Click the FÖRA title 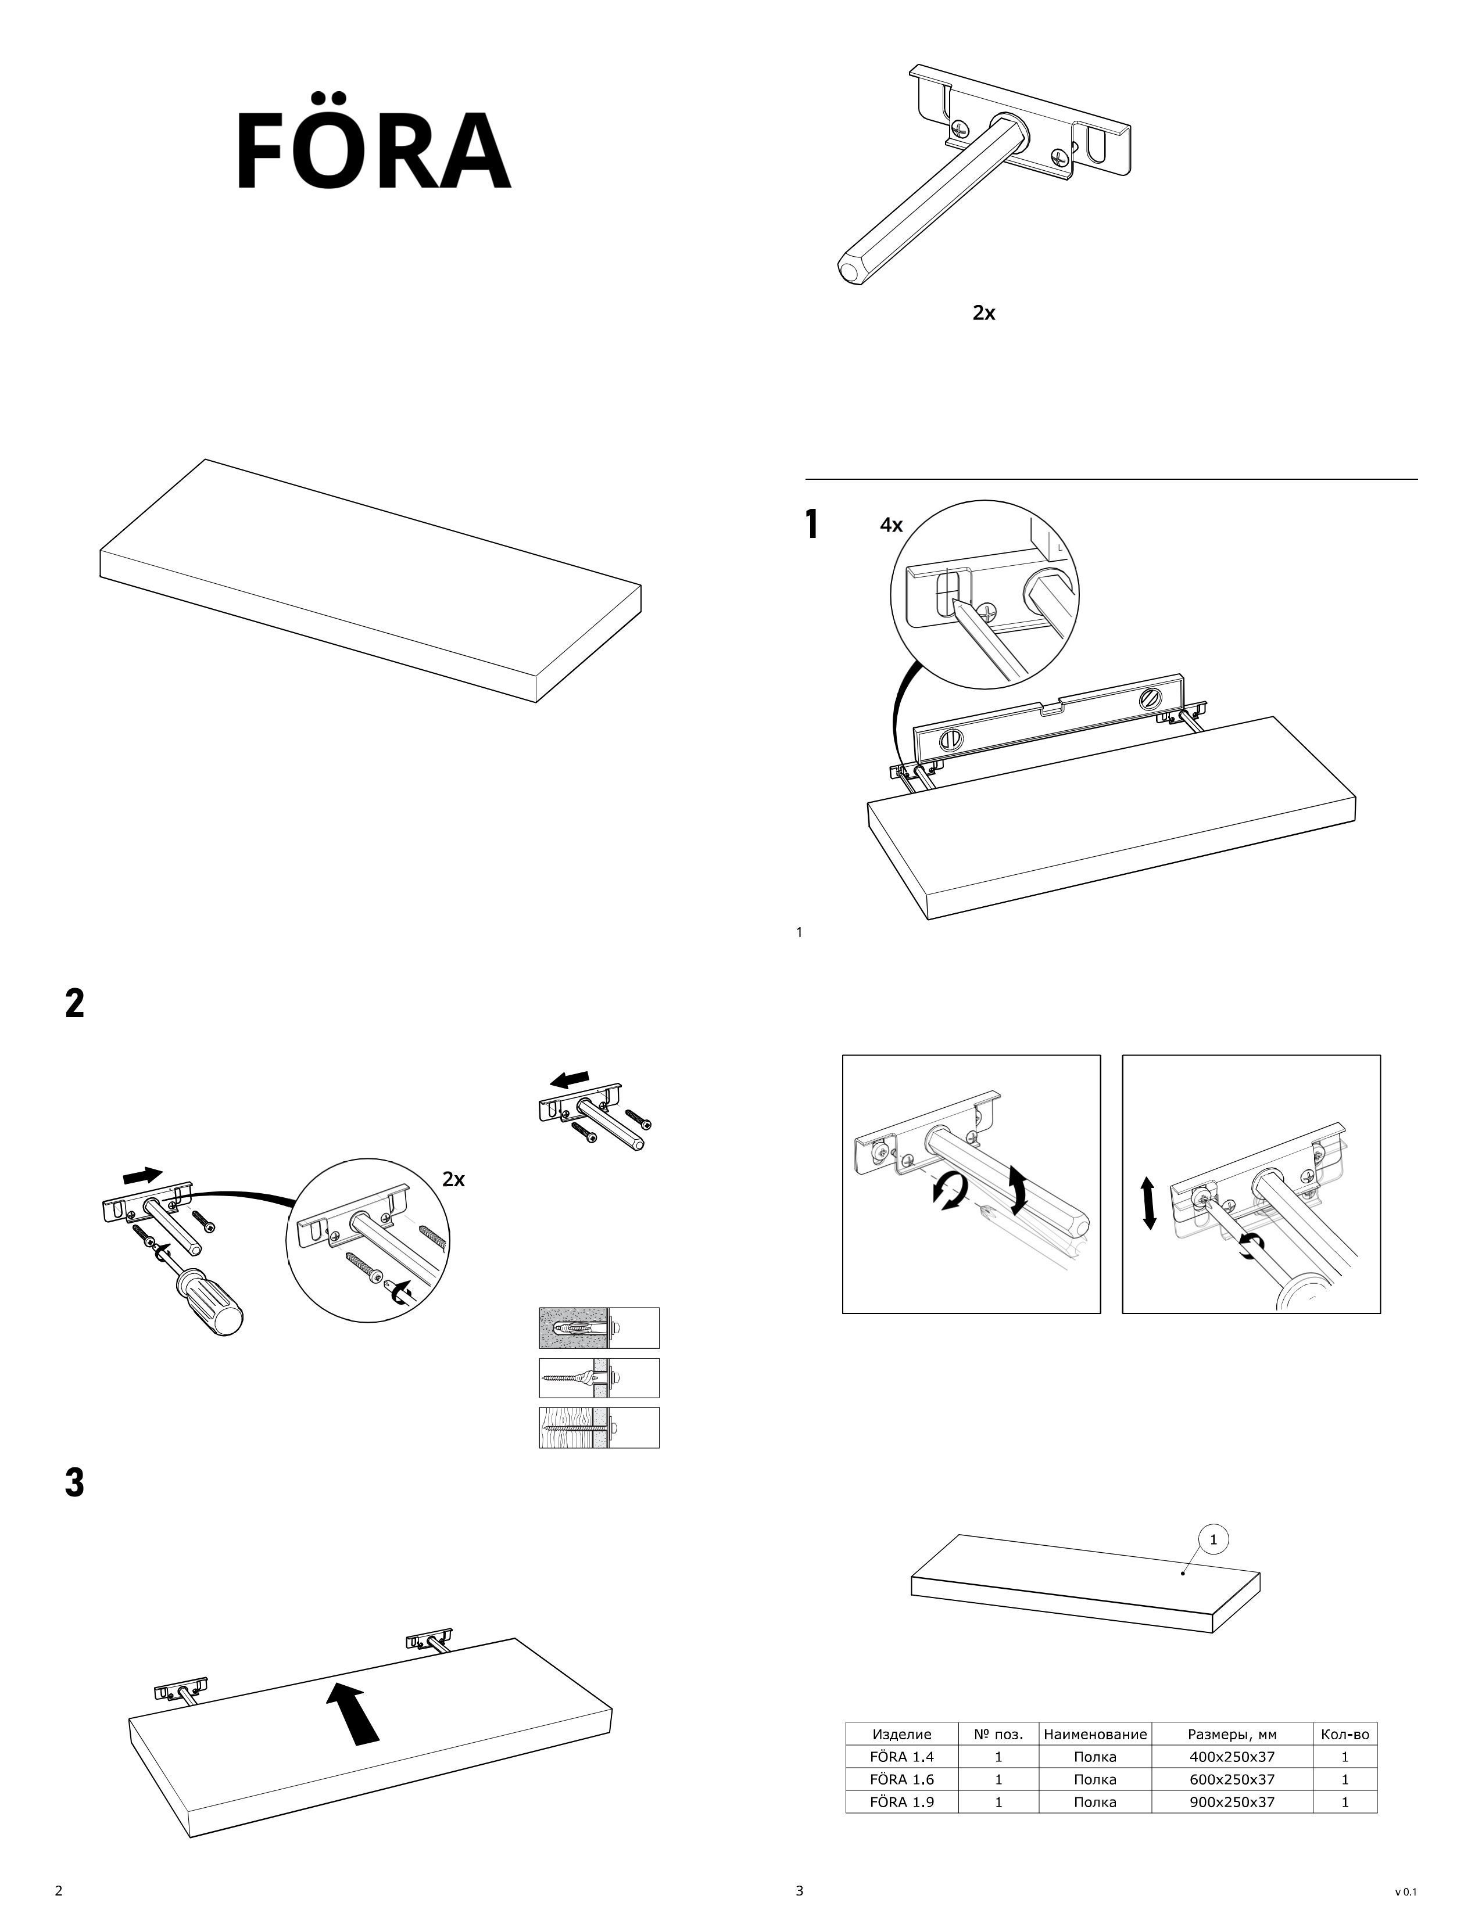373,151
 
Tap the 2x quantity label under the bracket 984,313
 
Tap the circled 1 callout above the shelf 1213,1539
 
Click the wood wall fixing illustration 599,1428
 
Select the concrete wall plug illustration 599,1328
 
